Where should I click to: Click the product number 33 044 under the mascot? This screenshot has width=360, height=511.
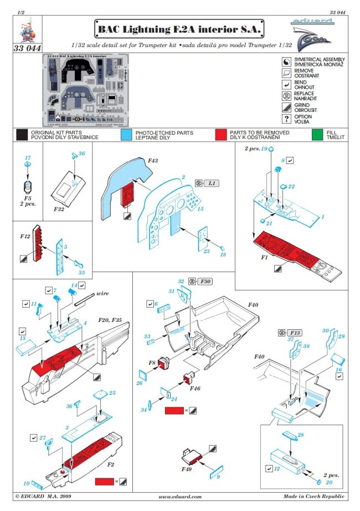tap(27, 48)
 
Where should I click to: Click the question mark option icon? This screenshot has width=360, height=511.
tap(286, 119)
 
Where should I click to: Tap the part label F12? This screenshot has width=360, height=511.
tap(24, 237)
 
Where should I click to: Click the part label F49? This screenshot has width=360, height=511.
tap(188, 468)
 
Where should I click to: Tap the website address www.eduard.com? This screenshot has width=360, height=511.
tap(180, 497)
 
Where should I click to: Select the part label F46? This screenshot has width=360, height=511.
tap(194, 389)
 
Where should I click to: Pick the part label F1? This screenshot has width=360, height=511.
tap(248, 258)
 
